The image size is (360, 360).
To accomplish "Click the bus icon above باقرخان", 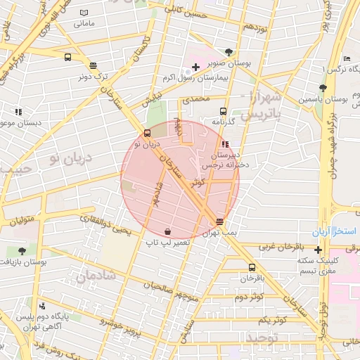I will [252, 267].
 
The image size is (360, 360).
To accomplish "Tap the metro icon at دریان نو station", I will [147, 133].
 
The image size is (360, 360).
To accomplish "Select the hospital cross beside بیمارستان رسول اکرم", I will [195, 66].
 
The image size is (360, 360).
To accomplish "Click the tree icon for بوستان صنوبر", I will [229, 52].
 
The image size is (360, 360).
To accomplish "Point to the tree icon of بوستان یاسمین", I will [323, 88].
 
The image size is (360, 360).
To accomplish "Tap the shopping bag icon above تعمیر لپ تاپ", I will [167, 231].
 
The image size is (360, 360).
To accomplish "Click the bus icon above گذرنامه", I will [223, 111].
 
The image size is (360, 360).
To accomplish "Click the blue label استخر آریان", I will [335, 231].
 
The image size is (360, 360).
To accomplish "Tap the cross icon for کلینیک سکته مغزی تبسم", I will [319, 250].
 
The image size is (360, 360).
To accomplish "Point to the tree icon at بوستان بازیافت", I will [22, 250].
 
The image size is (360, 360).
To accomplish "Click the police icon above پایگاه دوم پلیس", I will [43, 306].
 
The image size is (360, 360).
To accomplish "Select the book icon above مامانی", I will [84, 13].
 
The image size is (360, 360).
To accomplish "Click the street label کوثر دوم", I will [250, 297].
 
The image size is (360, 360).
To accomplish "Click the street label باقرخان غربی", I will [278, 247].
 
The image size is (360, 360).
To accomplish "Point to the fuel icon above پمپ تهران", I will [221, 221].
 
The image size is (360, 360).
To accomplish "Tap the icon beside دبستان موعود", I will [18, 111].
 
